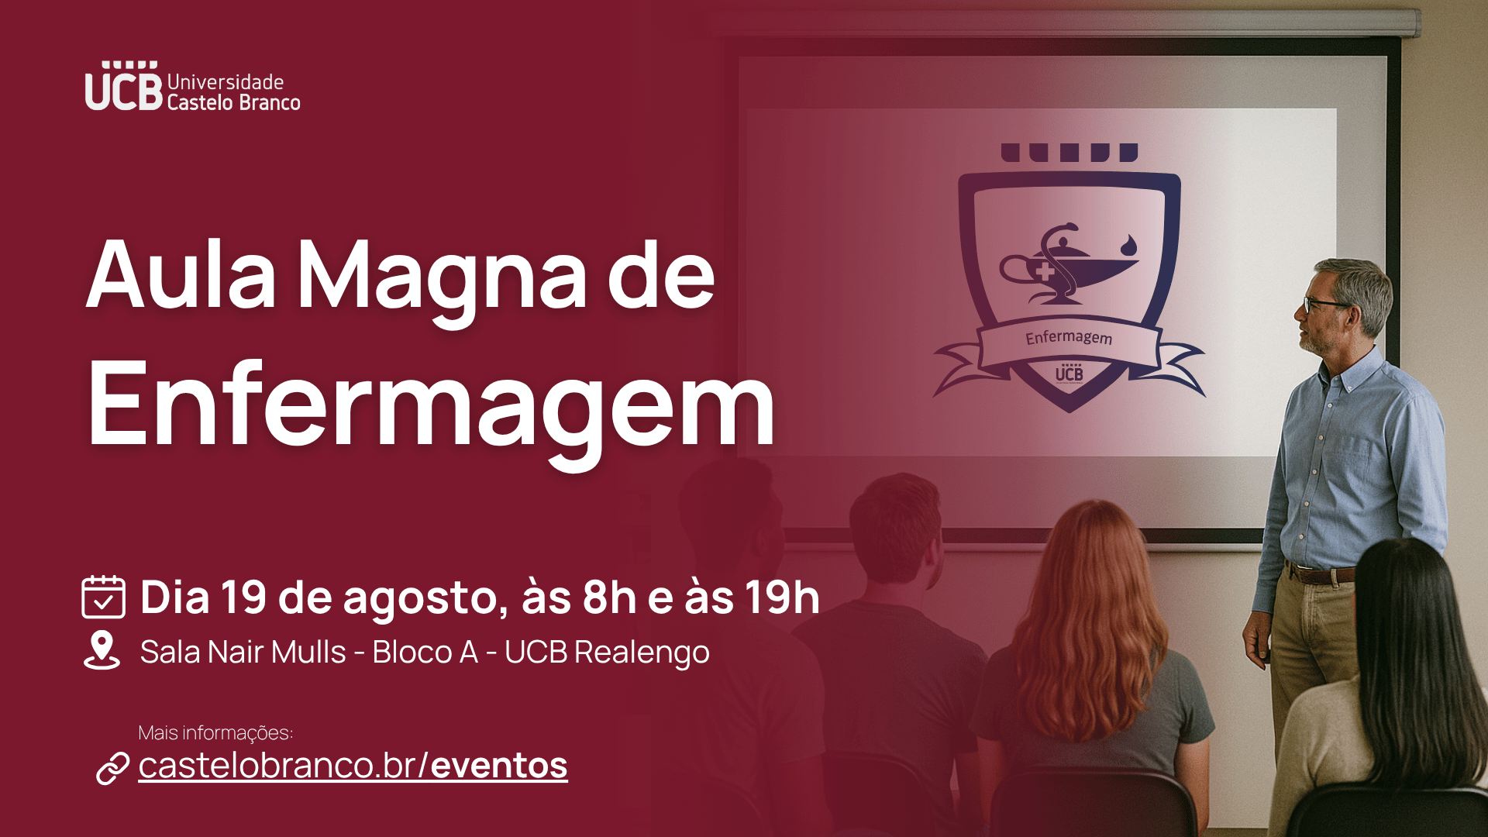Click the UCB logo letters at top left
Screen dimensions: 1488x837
(123, 86)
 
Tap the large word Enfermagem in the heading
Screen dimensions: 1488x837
(431, 407)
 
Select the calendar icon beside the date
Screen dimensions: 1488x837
(103, 597)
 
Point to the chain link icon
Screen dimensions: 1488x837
(112, 768)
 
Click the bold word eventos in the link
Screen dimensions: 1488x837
(499, 766)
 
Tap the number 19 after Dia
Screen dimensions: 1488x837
(244, 598)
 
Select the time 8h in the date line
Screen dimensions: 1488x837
(609, 598)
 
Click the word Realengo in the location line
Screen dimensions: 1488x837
(642, 653)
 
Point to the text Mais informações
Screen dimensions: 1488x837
(215, 732)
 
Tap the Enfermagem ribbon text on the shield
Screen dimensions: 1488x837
(1069, 337)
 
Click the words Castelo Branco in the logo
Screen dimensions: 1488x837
(233, 102)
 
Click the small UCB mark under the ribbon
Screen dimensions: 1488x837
(1069, 373)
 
